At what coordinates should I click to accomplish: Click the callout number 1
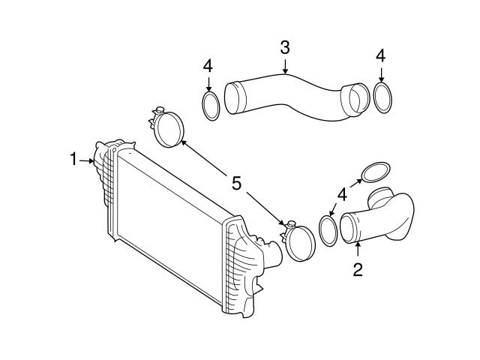tap(73, 160)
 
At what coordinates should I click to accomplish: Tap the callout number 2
tap(358, 269)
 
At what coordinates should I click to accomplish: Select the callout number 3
tap(285, 48)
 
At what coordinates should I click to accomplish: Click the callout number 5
tap(236, 183)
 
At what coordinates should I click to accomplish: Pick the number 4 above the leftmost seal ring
tap(208, 65)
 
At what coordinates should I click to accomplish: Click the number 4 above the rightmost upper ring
tap(380, 56)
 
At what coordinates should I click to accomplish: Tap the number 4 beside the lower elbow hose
tap(342, 194)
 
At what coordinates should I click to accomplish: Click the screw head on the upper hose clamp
tap(160, 110)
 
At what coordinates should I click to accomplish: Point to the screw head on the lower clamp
tap(292, 223)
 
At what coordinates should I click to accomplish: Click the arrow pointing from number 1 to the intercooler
tap(87, 160)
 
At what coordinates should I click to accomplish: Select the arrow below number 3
tap(285, 67)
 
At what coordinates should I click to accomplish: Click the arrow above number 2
tap(358, 249)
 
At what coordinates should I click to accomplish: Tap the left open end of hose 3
tap(232, 98)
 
